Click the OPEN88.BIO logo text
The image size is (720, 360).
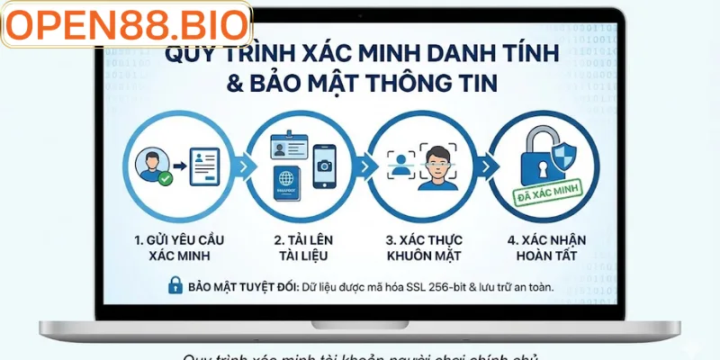coord(126,26)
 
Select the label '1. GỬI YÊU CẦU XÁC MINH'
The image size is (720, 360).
coord(179,247)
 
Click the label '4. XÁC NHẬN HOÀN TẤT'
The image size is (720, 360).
coord(540,247)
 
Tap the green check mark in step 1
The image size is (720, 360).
coord(166,179)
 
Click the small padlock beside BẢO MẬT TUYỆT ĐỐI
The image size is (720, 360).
coord(175,286)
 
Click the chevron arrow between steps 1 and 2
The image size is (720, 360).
coord(243,167)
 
